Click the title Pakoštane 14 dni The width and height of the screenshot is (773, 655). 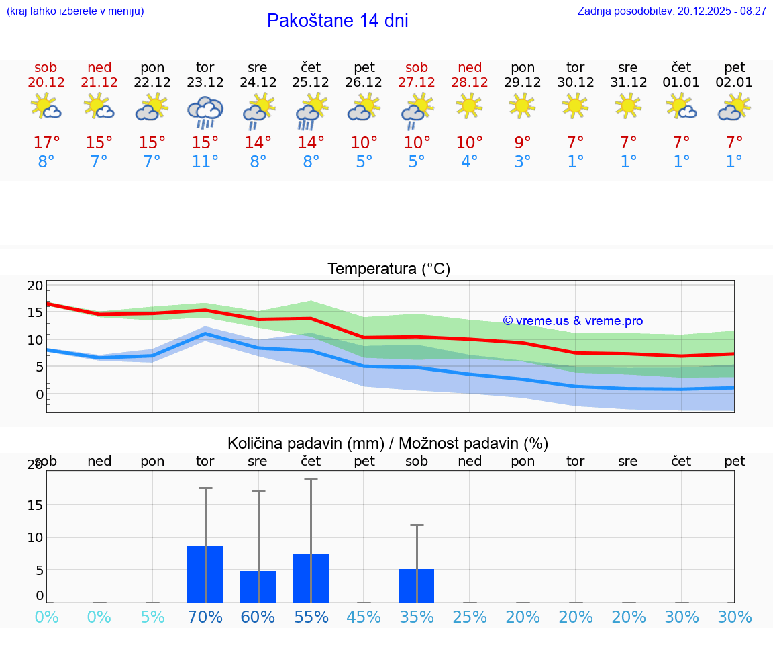coord(338,21)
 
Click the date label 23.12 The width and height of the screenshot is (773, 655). coord(205,83)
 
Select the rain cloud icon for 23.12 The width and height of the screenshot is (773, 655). coord(205,112)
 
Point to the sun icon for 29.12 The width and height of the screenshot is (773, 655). coord(522,105)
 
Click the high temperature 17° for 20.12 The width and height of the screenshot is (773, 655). coord(46,142)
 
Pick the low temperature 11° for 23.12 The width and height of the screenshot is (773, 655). coord(205,162)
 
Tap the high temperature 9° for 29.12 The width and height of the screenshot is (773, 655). coord(522,142)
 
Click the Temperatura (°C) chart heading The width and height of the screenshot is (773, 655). coord(389,269)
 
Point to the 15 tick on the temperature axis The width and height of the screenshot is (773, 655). coord(35,312)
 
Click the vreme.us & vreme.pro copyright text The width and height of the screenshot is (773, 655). coord(573,321)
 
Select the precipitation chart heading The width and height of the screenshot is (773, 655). coord(388,443)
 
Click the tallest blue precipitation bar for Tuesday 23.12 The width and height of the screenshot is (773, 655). coord(205,574)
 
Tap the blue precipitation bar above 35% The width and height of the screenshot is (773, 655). coord(417,586)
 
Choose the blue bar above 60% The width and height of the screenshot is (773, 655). coord(258,586)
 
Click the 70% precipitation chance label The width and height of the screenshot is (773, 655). coord(205,617)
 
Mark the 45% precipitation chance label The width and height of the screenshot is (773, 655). coord(364,617)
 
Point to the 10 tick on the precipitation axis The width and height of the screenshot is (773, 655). coord(35,537)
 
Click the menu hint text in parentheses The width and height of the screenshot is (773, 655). coord(75,11)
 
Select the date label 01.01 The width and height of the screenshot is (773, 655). coord(681,83)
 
